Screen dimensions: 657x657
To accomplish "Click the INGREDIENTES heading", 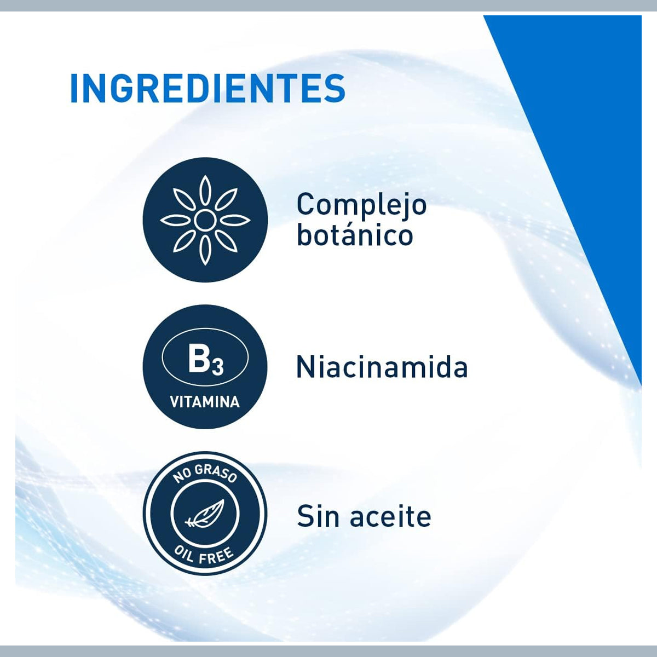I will (208, 88).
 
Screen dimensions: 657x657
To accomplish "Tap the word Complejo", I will (361, 205).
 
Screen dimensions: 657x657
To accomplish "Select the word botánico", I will (355, 235).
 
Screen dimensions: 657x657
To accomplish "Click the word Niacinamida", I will (382, 367).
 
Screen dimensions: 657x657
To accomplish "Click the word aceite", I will (390, 517).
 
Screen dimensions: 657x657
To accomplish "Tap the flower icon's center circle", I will (205, 220).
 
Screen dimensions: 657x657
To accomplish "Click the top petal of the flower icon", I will (205, 189).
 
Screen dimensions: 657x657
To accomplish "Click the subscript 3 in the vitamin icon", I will (217, 366).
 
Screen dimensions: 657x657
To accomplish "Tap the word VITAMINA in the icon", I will (205, 402).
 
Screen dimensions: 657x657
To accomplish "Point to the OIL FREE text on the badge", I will (205, 554).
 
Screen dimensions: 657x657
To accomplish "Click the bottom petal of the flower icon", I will (205, 251).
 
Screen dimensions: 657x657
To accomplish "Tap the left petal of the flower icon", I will (174, 220).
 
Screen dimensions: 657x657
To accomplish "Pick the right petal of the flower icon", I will (236, 220).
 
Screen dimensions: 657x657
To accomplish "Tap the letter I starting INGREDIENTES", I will (74, 88).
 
